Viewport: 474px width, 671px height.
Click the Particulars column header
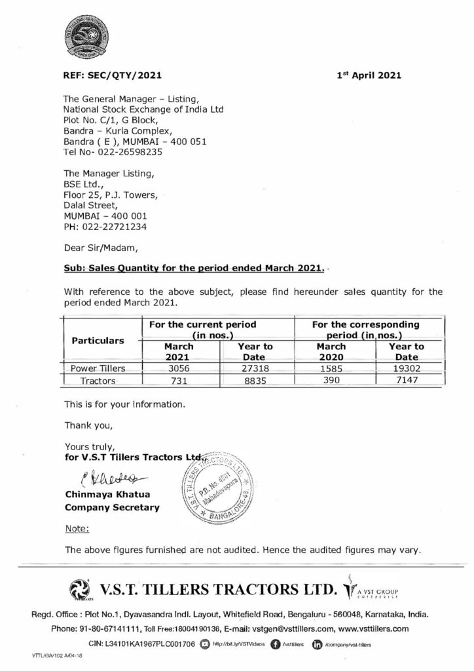point(98,341)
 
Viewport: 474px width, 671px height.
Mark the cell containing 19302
point(407,368)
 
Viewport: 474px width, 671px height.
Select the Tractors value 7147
point(407,380)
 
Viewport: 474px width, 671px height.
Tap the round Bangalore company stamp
point(215,486)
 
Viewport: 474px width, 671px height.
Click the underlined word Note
point(77,528)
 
